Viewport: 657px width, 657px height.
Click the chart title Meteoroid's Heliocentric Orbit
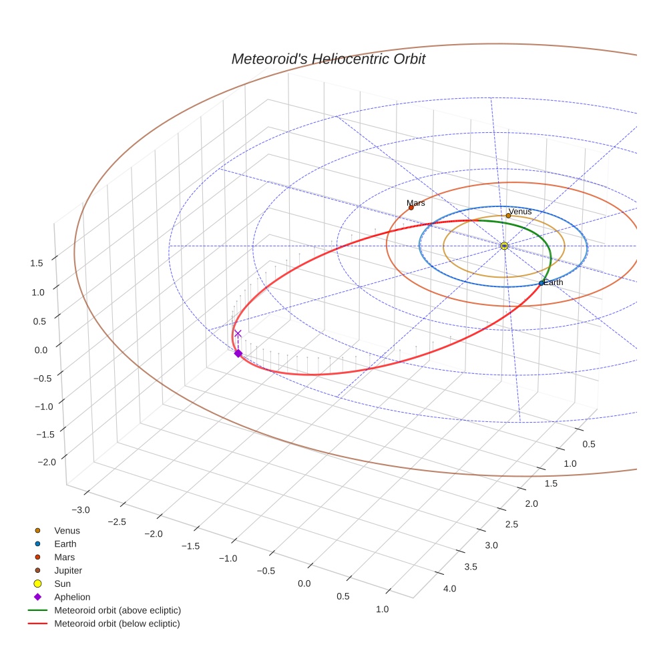[x=328, y=59]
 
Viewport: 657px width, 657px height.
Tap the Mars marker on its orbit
[x=411, y=208]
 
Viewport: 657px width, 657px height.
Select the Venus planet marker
[x=508, y=216]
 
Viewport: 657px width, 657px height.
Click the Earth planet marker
[x=541, y=284]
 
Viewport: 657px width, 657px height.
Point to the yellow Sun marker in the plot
[x=504, y=246]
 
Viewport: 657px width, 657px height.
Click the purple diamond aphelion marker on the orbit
[x=238, y=353]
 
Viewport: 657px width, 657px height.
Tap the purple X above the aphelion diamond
[x=238, y=333]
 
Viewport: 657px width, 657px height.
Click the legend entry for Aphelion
[x=71, y=597]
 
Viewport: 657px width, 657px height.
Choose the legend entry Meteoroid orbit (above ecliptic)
[x=117, y=610]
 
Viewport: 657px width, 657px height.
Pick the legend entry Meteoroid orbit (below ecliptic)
[x=117, y=624]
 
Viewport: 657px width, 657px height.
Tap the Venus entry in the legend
[x=67, y=531]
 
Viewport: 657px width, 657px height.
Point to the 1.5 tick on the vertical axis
[x=37, y=263]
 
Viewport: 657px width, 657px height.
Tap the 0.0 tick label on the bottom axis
[x=304, y=584]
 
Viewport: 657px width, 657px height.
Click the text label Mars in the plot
[x=415, y=203]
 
